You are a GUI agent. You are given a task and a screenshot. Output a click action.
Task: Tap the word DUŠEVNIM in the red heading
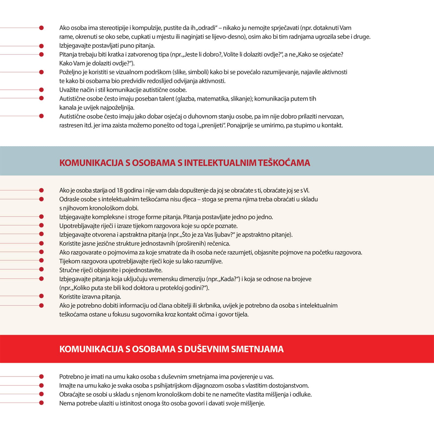click(206, 349)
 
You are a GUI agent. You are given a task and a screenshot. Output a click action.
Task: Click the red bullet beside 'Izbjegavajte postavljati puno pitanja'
click(41, 46)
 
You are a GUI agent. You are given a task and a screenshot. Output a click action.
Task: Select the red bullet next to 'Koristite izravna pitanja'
click(41, 296)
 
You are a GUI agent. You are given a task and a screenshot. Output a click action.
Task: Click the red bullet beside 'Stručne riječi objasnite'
click(41, 269)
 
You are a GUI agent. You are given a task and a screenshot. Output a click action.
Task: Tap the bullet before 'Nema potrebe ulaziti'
click(41, 403)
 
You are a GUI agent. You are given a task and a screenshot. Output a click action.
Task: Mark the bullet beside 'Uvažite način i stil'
click(41, 90)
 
